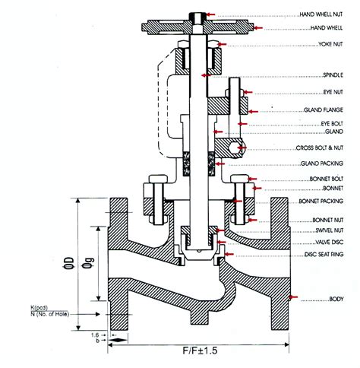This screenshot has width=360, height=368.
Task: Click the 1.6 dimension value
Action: point(92,334)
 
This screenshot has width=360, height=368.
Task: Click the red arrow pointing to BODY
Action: point(294,297)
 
